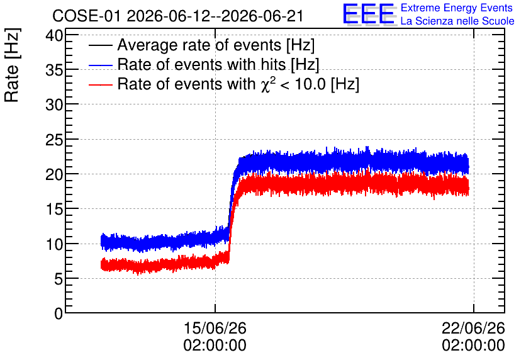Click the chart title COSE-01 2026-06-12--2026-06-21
click(x=178, y=16)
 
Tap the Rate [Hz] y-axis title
click(x=12, y=65)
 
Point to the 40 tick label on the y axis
click(x=54, y=35)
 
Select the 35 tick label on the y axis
click(x=54, y=70)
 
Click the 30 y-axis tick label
click(x=54, y=104)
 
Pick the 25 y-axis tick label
click(x=54, y=140)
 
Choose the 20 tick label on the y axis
click(x=54, y=174)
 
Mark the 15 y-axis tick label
click(x=54, y=210)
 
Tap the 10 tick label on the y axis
click(x=54, y=244)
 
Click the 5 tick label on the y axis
click(x=59, y=279)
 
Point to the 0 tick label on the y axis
click(x=59, y=313)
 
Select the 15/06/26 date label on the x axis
click(x=215, y=328)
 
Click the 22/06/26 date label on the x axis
click(x=473, y=328)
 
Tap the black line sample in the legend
click(x=100, y=45)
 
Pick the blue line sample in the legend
click(x=100, y=65)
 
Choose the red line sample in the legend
click(x=100, y=84)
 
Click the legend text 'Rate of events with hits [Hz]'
click(x=218, y=64)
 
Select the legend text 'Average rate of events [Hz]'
click(x=216, y=45)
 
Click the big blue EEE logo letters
click(x=369, y=14)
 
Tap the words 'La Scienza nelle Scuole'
click(x=457, y=21)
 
